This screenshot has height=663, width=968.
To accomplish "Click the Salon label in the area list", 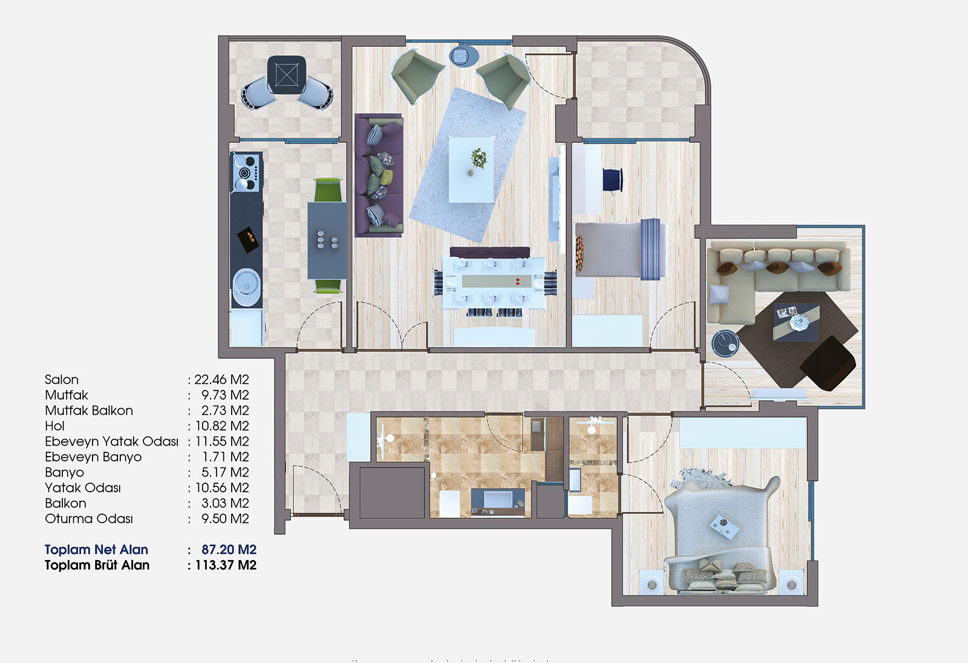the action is tap(62, 380).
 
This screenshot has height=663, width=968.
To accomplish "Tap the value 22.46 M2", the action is tap(221, 380).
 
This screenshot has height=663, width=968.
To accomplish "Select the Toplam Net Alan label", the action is tap(96, 550).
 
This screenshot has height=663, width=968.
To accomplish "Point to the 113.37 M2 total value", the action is tap(226, 566).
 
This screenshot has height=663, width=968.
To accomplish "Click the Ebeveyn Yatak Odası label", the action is tap(111, 441).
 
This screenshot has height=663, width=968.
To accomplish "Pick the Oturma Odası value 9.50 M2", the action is tap(225, 518).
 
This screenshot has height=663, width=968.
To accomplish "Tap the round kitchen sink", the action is tap(246, 287).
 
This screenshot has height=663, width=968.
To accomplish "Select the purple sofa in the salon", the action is tap(379, 176).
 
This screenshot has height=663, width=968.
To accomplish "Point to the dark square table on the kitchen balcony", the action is tap(287, 74).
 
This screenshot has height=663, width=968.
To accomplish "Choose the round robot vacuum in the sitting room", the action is tap(725, 343).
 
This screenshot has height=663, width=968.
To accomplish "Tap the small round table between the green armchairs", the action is tap(463, 56).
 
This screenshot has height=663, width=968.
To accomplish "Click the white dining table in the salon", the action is tap(494, 283).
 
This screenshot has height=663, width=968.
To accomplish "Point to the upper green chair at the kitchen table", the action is tap(328, 190).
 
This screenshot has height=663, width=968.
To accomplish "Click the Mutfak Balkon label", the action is tap(89, 411).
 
